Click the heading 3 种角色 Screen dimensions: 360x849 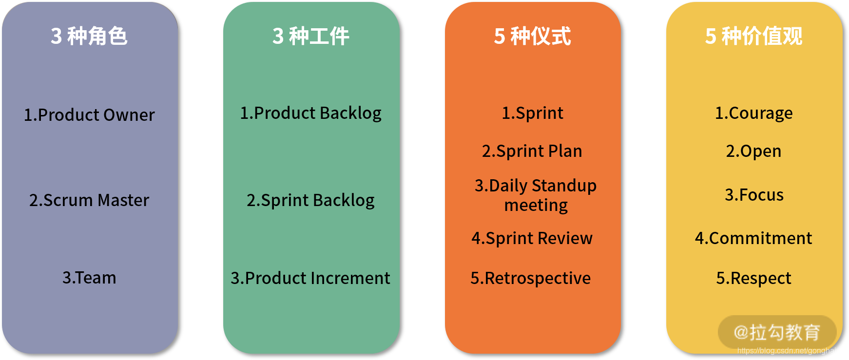pyautogui.click(x=89, y=36)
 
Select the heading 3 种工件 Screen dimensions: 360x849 pyautogui.click(x=311, y=36)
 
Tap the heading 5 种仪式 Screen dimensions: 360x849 pyautogui.click(x=532, y=36)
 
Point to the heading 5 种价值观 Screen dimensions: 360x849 pyautogui.click(x=753, y=36)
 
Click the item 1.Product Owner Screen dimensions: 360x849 pyautogui.click(x=89, y=115)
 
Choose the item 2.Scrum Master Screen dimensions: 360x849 pyautogui.click(x=89, y=200)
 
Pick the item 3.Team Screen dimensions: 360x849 pyautogui.click(x=89, y=278)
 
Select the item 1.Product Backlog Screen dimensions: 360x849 pyautogui.click(x=311, y=113)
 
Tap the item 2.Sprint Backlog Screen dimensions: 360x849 pyautogui.click(x=311, y=200)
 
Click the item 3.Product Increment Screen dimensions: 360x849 pyautogui.click(x=310, y=278)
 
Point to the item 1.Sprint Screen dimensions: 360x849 pyautogui.click(x=532, y=113)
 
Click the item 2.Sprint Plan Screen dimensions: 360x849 pyautogui.click(x=532, y=151)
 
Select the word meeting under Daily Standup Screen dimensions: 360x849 pyautogui.click(x=536, y=206)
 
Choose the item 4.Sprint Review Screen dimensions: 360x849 pyautogui.click(x=532, y=238)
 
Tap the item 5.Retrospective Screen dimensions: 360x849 pyautogui.click(x=531, y=278)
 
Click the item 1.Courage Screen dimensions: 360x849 pyautogui.click(x=753, y=113)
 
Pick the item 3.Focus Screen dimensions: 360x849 pyautogui.click(x=754, y=195)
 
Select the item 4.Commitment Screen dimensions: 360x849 pyautogui.click(x=753, y=238)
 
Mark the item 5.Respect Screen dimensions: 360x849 pyautogui.click(x=753, y=278)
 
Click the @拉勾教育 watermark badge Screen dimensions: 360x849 pyautogui.click(x=777, y=332)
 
